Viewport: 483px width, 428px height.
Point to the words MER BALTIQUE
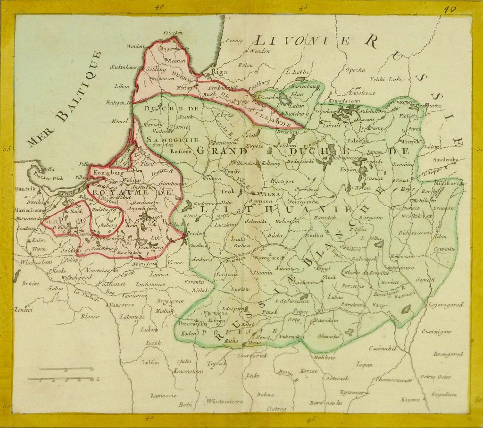click(65, 100)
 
